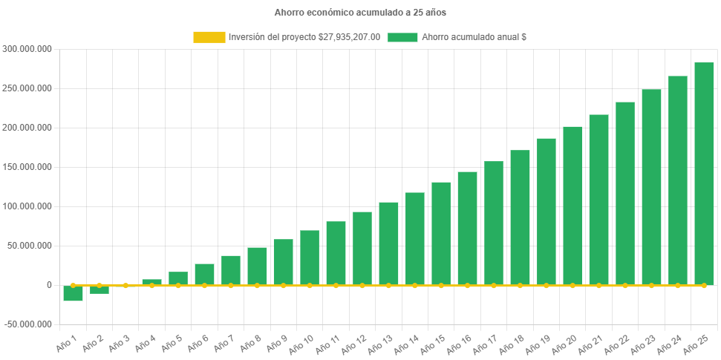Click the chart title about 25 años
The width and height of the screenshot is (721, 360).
360,13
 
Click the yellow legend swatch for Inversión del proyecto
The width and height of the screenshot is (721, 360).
209,37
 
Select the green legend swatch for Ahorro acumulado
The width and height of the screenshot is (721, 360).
402,37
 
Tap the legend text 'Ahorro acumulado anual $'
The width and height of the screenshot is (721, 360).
474,37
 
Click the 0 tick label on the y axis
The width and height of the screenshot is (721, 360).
49,285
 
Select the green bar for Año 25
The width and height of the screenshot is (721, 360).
704,174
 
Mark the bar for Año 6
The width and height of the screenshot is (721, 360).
204,275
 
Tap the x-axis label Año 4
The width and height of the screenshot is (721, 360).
146,344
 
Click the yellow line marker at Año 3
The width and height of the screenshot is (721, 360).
125,285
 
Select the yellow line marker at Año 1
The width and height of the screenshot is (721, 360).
73,285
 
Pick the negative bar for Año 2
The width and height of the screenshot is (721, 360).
99,290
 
